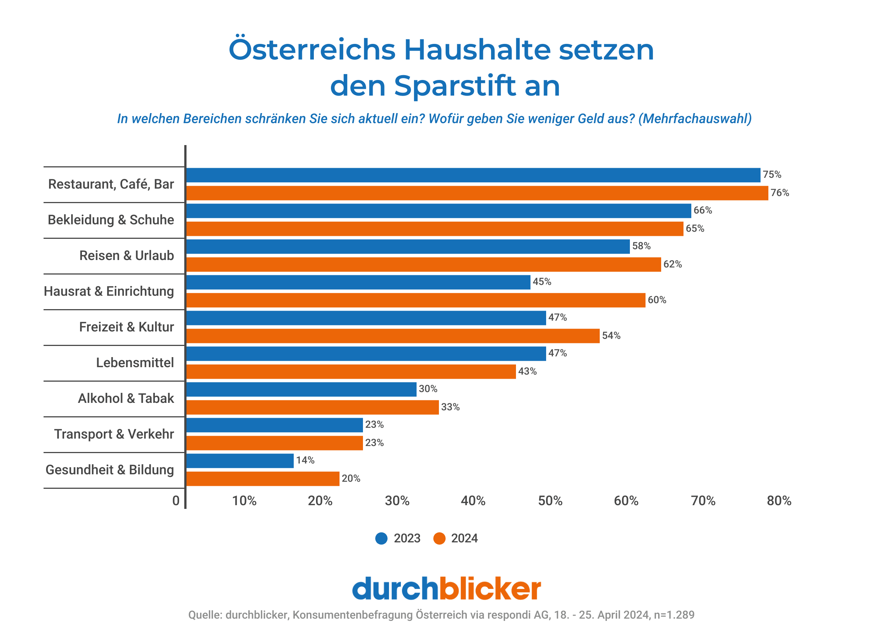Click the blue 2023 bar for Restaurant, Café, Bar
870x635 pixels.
[473, 175]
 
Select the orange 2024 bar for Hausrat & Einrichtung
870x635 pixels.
[415, 300]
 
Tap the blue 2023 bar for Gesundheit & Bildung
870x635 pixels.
[240, 461]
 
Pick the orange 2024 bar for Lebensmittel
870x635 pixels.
[351, 372]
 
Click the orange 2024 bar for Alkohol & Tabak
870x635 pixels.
[312, 407]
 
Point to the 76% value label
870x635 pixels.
[780, 193]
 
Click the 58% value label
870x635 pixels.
[641, 246]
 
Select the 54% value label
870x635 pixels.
[611, 336]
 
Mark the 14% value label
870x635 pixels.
[305, 461]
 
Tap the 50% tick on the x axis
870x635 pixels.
[550, 501]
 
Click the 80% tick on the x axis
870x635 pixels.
[779, 501]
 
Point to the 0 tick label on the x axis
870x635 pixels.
[176, 501]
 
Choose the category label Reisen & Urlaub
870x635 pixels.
[127, 256]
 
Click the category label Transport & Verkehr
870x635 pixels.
[114, 434]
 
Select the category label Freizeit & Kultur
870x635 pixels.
[127, 327]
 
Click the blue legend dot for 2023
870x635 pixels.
[381, 539]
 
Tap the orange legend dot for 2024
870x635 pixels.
[439, 539]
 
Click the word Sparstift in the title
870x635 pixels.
[455, 86]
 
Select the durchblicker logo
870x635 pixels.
[446, 589]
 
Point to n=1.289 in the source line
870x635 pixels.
[674, 615]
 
